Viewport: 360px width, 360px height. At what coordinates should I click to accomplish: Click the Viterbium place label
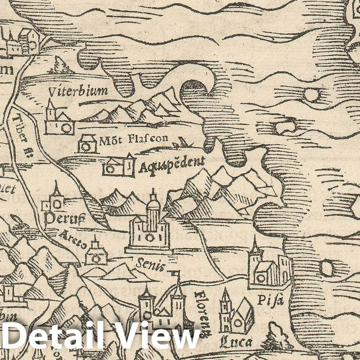[79, 90]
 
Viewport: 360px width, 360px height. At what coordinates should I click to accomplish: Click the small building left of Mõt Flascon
[87, 144]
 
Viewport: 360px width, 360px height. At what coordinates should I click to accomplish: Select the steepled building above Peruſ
[54, 199]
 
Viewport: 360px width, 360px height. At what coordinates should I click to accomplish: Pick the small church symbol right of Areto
[96, 253]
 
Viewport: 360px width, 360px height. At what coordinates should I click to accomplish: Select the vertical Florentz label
[202, 314]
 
